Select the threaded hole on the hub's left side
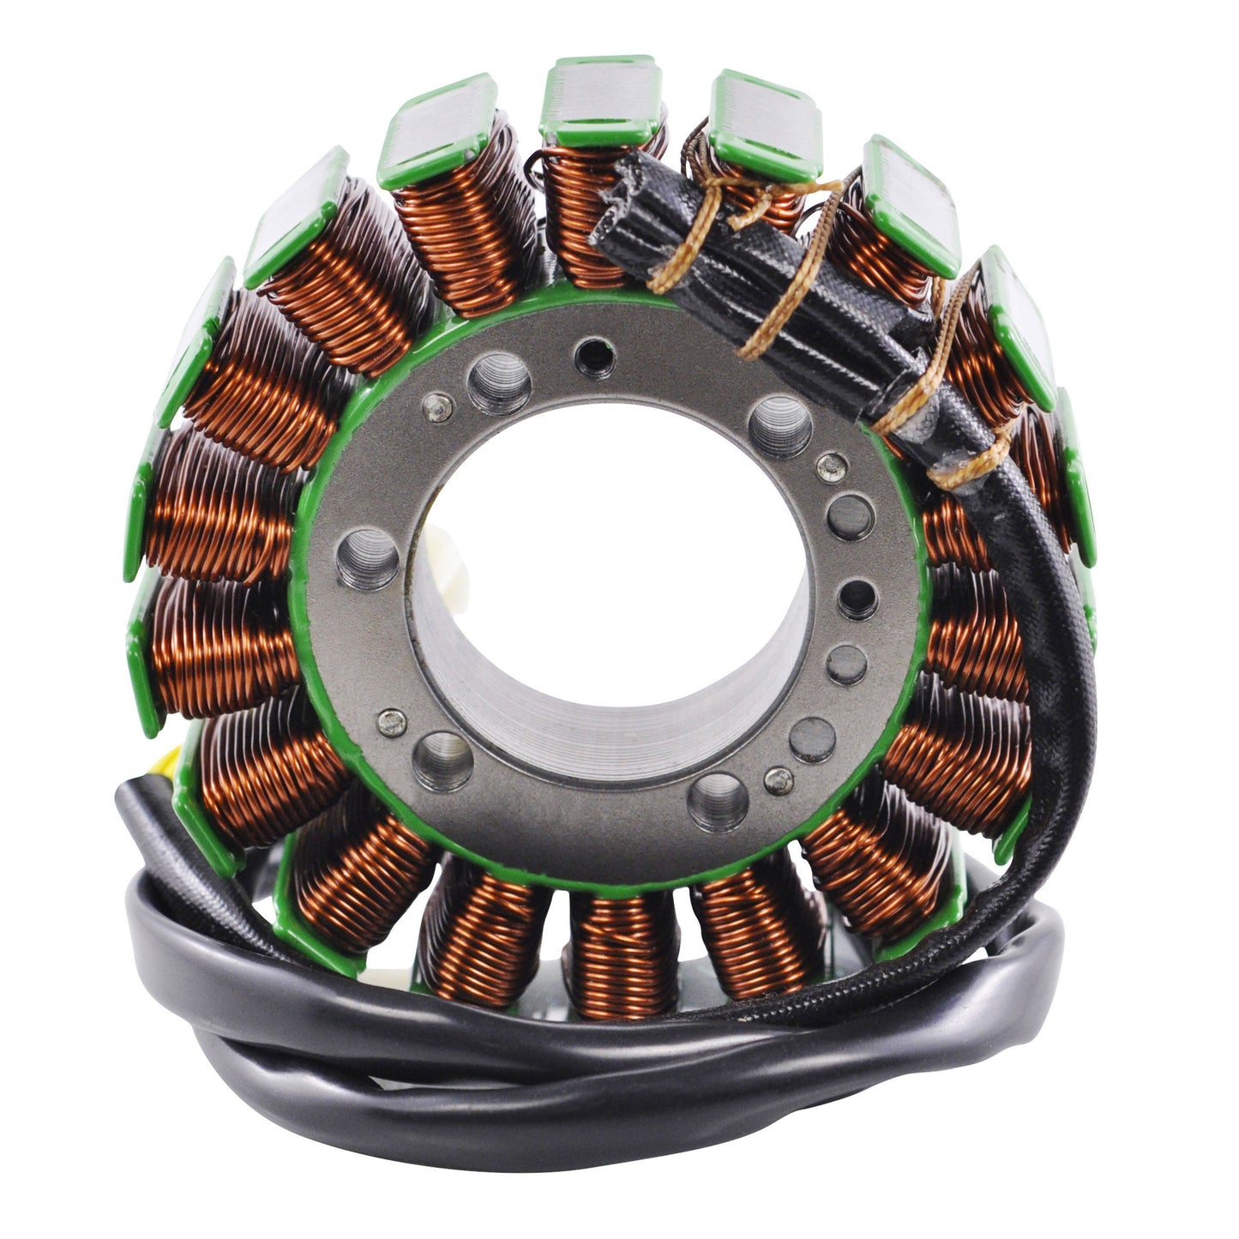(368, 557)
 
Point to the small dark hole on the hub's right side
(857, 598)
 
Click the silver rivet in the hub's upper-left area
(438, 406)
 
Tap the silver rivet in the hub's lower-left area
(392, 722)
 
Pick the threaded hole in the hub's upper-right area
(779, 426)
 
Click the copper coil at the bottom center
(622, 952)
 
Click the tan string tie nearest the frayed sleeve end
(677, 249)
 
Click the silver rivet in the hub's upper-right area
(831, 467)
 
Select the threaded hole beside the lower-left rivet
(442, 761)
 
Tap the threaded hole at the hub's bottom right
(718, 802)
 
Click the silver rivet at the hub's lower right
(779, 780)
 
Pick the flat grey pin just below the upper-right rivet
(850, 518)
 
